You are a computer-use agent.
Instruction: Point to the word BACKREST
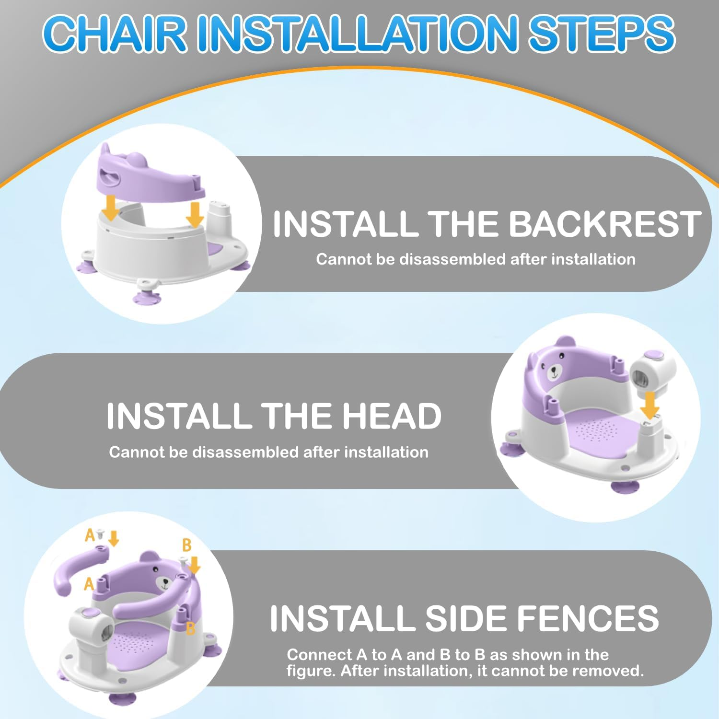click(x=604, y=224)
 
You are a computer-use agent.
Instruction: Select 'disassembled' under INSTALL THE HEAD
click(x=245, y=452)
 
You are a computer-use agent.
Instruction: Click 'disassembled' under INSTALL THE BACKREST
click(x=452, y=259)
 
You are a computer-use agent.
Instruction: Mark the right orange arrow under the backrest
click(x=195, y=214)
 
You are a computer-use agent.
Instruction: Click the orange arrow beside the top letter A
click(x=114, y=538)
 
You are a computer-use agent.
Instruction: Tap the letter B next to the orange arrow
click(x=186, y=545)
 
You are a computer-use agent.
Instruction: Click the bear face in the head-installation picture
click(x=554, y=369)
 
